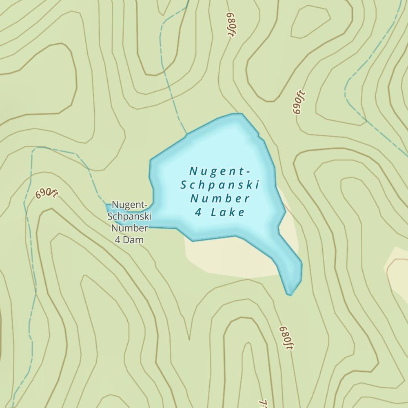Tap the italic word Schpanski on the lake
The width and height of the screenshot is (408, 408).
point(220,185)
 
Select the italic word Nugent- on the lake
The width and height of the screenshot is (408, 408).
point(220,171)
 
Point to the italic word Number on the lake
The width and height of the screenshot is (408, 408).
point(220,199)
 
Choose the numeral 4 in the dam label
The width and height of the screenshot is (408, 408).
point(118,240)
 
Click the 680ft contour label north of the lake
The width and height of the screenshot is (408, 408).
point(231,25)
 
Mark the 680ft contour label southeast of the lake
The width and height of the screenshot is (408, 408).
point(286,338)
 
